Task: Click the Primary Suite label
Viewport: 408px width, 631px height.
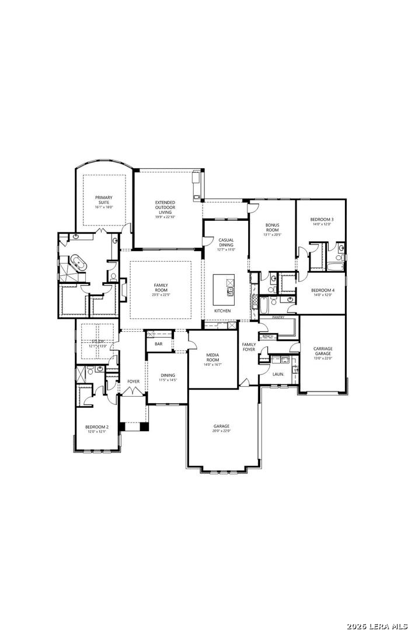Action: (104, 200)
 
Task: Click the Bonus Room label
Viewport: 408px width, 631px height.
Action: (273, 227)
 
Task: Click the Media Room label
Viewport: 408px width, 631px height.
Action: (212, 358)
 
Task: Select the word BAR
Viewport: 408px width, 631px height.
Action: (159, 344)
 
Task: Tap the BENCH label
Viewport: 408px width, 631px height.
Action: (268, 337)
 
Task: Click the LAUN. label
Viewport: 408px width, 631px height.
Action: (278, 374)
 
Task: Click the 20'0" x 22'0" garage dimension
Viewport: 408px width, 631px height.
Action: (221, 431)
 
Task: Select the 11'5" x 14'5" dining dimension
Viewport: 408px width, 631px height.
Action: (168, 380)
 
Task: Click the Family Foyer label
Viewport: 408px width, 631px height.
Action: (249, 347)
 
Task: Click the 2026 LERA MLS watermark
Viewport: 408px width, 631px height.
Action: (376, 626)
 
